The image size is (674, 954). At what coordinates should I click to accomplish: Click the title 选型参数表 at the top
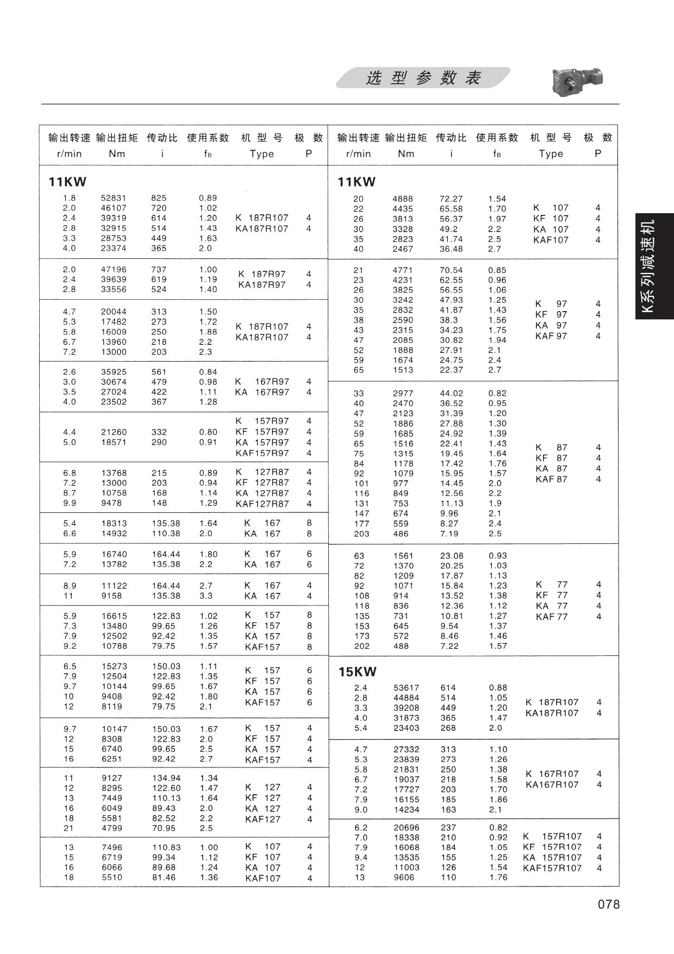[423, 78]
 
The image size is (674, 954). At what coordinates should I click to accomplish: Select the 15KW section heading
[357, 672]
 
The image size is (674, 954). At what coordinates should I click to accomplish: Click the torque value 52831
[114, 198]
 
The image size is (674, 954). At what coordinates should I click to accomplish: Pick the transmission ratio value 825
[159, 198]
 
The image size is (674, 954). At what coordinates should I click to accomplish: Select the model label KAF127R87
[262, 504]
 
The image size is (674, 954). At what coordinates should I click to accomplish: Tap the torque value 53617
[405, 687]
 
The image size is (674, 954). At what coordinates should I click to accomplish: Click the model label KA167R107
[552, 784]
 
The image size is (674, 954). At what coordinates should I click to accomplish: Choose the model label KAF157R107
[552, 868]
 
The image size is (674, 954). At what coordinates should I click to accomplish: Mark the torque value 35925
[114, 372]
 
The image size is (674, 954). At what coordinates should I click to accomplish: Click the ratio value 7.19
[449, 534]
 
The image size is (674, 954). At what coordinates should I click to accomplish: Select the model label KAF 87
[551, 479]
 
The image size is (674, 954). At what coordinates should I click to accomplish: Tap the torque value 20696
[406, 827]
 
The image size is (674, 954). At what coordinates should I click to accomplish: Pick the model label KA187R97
[261, 284]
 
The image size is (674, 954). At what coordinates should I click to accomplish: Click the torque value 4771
[403, 270]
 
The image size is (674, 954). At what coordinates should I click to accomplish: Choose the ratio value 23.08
[451, 556]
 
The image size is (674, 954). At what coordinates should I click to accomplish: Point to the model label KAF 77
[551, 617]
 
